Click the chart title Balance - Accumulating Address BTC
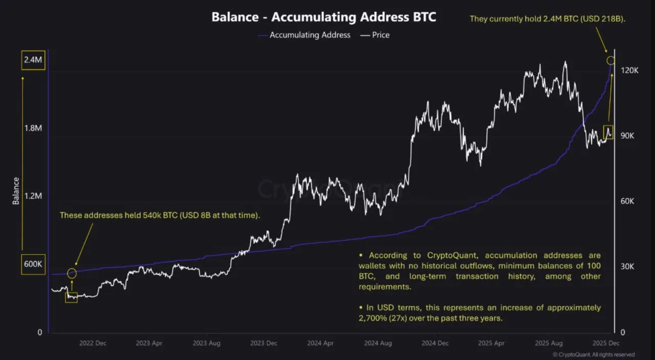coord(324,17)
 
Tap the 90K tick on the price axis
coord(628,136)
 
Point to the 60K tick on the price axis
coord(628,201)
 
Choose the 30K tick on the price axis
coord(628,267)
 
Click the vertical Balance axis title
coord(16,190)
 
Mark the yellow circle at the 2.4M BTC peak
coord(611,61)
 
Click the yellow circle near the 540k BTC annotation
coord(72,273)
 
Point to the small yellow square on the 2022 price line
coord(71,297)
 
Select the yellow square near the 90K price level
coord(608,132)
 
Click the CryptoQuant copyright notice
coord(594,354)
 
